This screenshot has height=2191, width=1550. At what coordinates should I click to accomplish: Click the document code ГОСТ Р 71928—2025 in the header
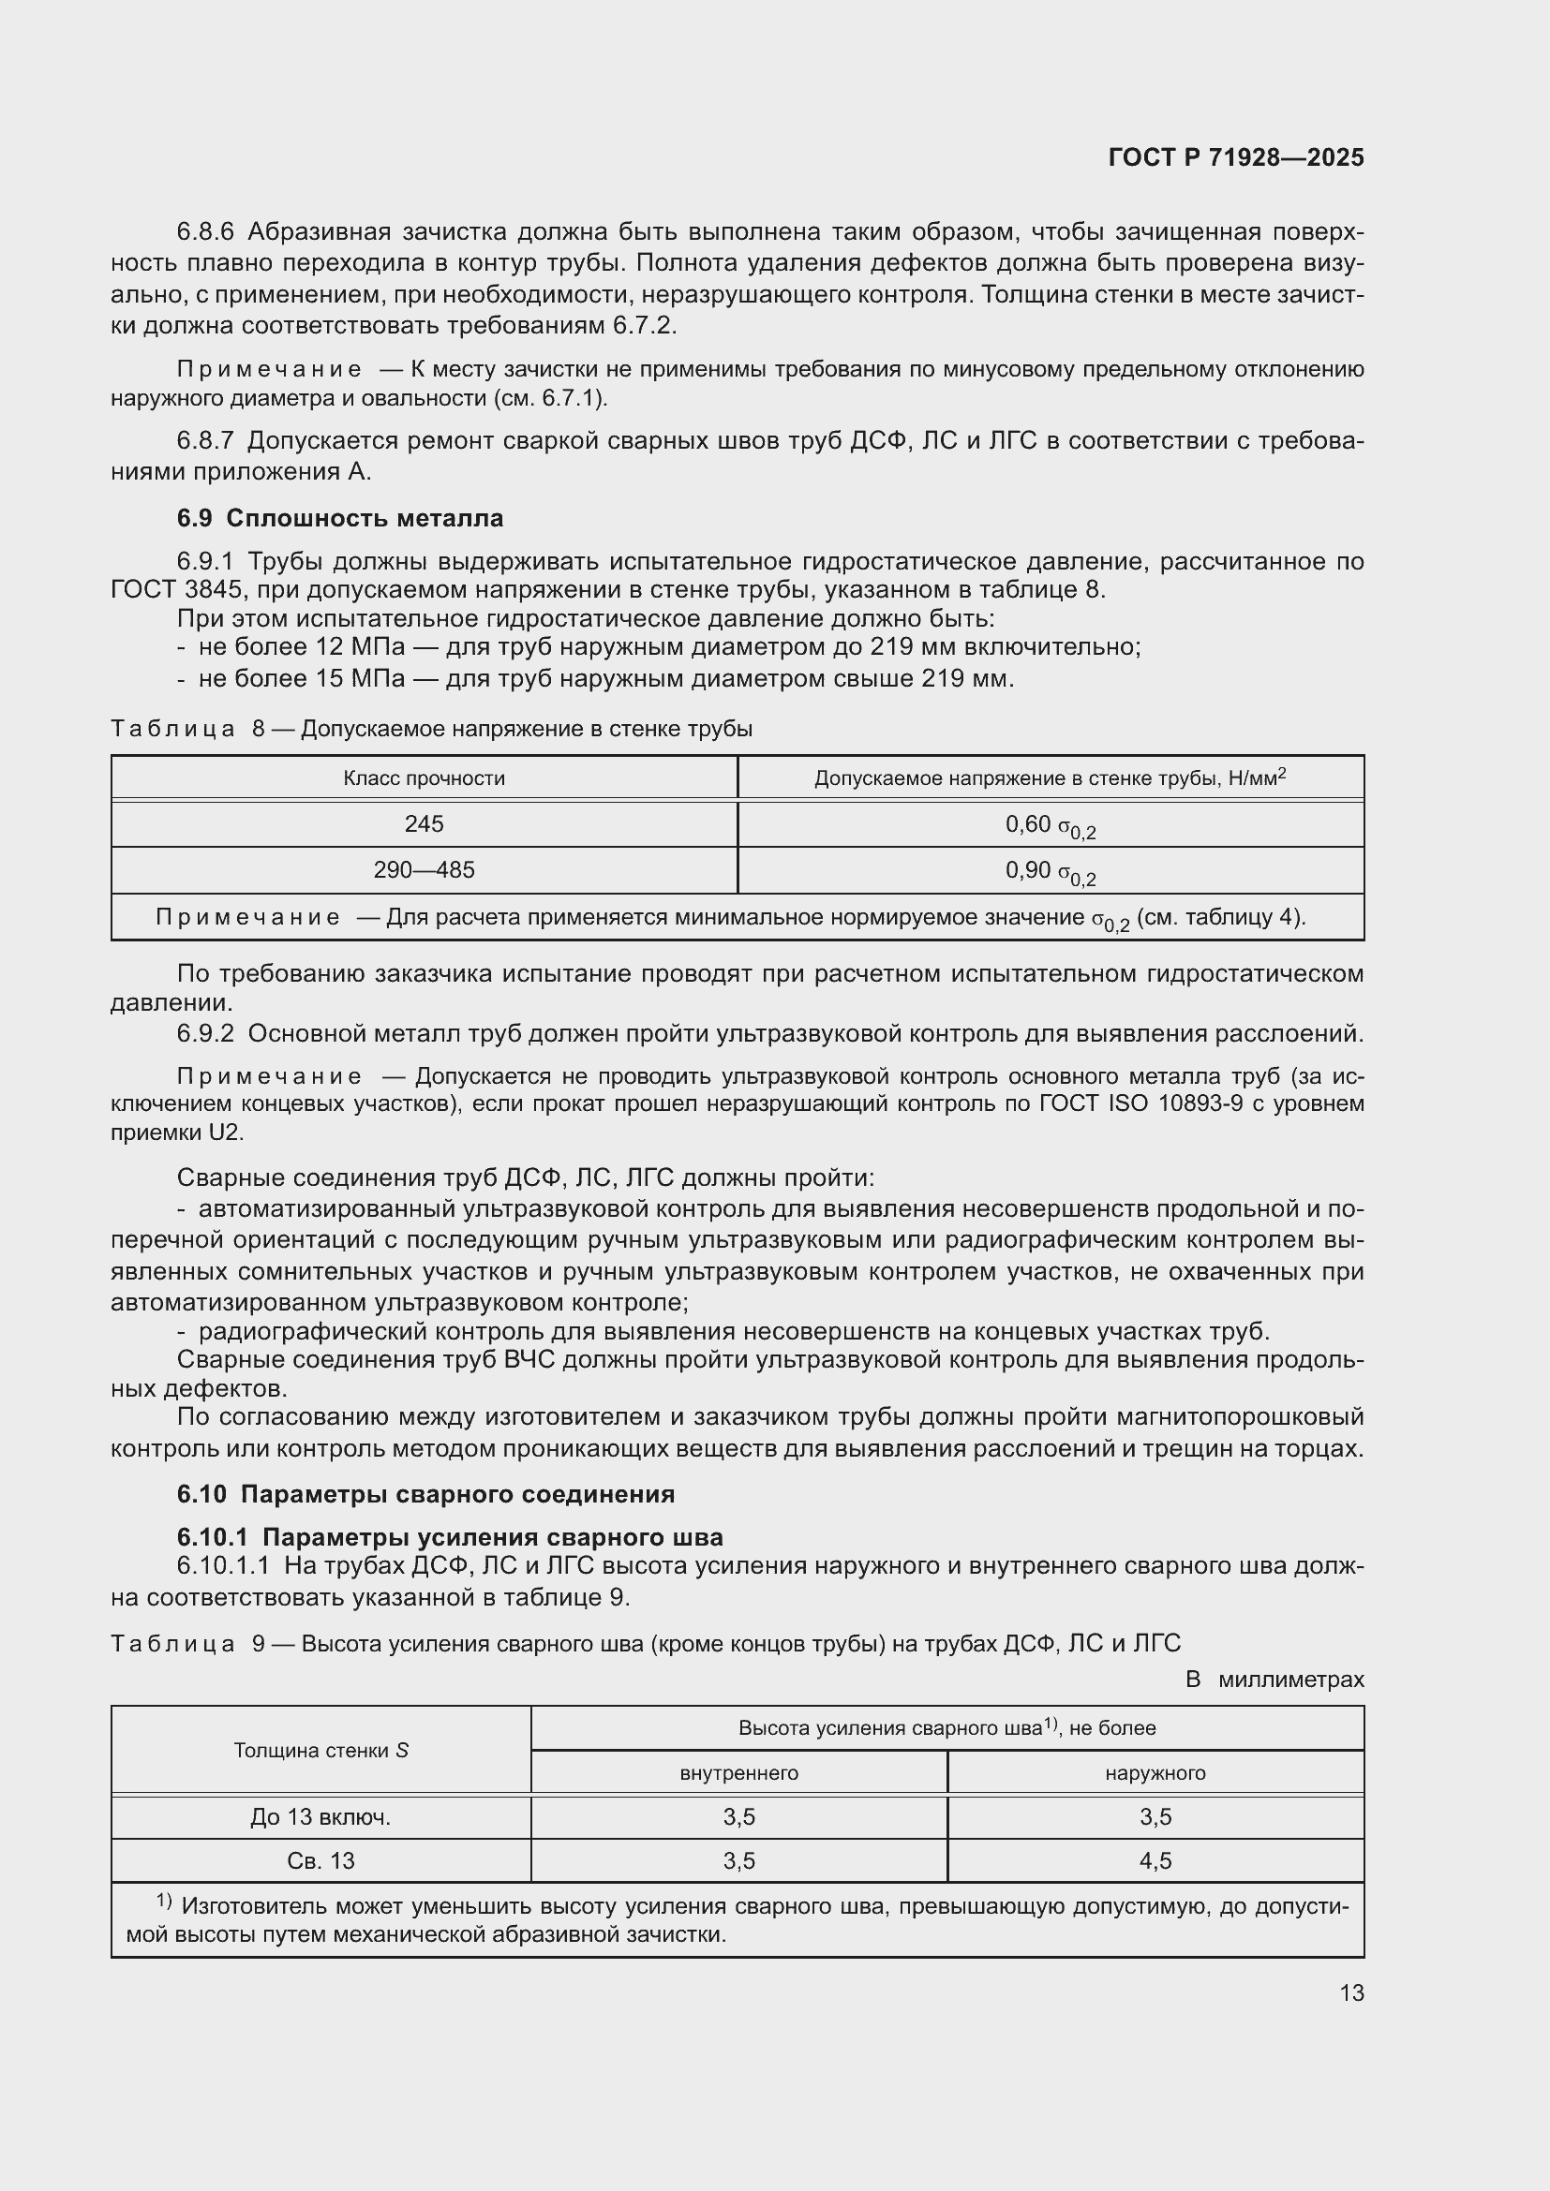1236,157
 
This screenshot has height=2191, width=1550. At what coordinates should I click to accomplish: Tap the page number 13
1351,1992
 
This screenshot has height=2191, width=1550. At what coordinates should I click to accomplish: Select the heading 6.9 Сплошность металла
340,518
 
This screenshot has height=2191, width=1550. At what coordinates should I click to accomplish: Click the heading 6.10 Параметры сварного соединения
425,1493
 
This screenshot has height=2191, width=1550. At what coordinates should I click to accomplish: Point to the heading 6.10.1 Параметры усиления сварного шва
450,1536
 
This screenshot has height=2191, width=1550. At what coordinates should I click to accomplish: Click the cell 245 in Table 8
424,823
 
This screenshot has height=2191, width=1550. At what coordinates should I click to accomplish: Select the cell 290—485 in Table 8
424,870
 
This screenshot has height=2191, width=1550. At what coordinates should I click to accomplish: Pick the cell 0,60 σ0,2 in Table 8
1050,825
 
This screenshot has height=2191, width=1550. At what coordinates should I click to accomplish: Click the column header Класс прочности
424,777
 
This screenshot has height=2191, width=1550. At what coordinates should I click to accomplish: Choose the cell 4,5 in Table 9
1155,1860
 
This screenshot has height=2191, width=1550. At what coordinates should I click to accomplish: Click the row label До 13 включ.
320,1817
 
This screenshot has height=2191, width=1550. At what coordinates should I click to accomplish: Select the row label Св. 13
320,1860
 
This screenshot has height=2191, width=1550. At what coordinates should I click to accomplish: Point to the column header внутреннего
738,1773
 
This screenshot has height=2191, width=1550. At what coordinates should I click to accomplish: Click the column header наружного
1155,1773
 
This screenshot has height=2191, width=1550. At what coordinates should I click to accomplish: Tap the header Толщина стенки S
320,1750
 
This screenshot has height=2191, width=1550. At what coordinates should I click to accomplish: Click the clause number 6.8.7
205,441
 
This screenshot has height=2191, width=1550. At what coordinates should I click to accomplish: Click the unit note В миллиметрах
1274,1680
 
